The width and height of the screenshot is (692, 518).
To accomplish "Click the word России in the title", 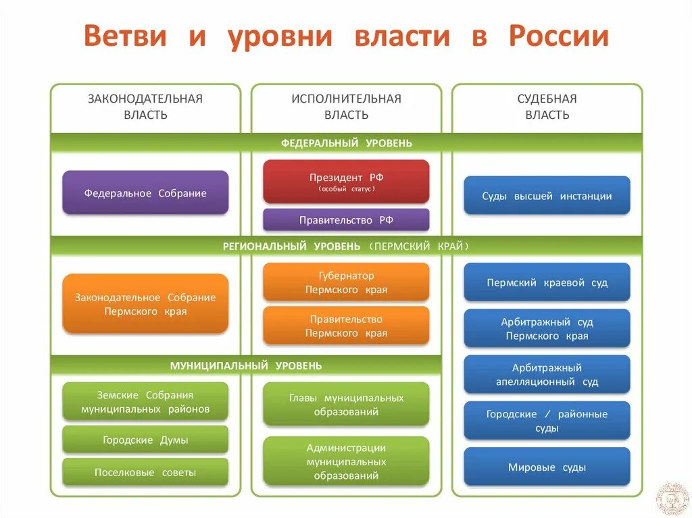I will tap(559, 36).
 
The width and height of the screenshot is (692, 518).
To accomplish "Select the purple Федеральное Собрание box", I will tap(145, 193).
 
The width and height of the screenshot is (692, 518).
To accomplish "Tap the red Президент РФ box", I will tap(346, 181).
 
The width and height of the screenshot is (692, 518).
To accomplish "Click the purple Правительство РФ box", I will tap(346, 219).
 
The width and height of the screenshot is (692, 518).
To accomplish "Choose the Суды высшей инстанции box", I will tap(547, 196).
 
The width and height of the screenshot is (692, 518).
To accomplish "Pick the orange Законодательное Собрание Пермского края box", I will tap(145, 304).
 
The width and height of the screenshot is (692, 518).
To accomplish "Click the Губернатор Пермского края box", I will tap(346, 282).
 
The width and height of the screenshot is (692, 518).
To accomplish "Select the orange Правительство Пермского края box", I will tap(346, 326).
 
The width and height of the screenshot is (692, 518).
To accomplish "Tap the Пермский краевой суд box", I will tap(547, 282).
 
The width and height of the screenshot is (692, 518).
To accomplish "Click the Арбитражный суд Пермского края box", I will tap(547, 328).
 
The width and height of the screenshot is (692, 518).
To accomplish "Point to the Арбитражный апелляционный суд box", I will tap(547, 374).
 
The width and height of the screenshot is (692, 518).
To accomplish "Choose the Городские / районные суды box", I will tap(547, 420).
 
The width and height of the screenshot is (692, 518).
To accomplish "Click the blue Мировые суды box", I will tap(547, 467).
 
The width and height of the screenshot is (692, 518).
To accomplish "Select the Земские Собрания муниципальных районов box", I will tap(145, 401).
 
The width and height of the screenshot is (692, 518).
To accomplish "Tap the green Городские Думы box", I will tap(145, 440).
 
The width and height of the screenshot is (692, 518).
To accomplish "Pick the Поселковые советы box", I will tap(145, 472).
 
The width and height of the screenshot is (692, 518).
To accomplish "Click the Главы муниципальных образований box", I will tap(346, 404).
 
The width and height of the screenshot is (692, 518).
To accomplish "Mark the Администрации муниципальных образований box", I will tap(346, 461).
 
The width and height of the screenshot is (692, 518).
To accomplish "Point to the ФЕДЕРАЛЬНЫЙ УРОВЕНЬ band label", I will tap(346, 143).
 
